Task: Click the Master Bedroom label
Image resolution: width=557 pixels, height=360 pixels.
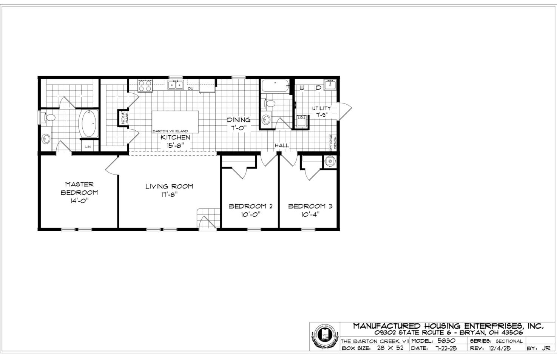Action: coord(79,188)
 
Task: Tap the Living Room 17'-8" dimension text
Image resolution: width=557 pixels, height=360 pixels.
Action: coord(169,195)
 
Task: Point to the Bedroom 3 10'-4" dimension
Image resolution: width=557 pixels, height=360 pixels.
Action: coord(310,215)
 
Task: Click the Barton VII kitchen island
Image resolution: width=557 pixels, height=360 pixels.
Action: coord(175,121)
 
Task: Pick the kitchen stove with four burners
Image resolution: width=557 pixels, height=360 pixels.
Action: coord(145,85)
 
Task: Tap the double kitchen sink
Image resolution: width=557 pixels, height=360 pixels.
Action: coord(176,84)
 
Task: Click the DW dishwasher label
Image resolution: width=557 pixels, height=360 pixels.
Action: coord(191,89)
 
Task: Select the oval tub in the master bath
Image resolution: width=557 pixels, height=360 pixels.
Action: coord(88,123)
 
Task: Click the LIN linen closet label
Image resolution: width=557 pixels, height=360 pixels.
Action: coord(88,147)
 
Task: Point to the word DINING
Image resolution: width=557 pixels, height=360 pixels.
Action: coord(238,120)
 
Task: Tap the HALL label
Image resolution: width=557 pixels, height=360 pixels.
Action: coord(282,145)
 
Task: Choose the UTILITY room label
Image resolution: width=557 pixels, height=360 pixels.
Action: coord(321,108)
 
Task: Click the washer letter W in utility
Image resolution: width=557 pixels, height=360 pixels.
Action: coord(302,88)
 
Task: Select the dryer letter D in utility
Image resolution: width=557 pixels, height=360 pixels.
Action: coord(318,88)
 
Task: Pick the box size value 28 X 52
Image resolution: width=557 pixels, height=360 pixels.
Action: coord(390,348)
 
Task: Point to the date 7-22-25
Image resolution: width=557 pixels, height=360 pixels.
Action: coord(446,348)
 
